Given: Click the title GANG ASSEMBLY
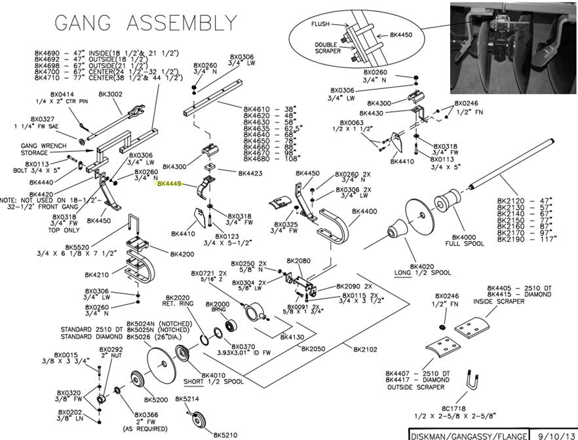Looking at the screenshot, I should [x=141, y=22].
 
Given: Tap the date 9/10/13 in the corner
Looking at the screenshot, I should [x=554, y=434].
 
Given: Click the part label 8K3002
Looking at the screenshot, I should [x=110, y=94].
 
